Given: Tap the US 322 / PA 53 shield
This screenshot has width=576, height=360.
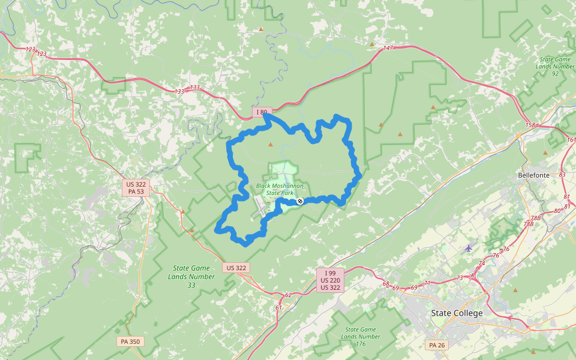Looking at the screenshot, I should (136, 188).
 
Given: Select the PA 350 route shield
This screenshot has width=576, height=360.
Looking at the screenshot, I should (130, 341).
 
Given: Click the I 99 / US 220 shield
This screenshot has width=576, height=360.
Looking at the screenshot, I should (331, 280).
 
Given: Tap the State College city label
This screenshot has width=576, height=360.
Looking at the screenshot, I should (457, 313).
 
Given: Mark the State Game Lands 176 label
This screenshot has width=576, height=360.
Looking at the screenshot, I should (361, 337).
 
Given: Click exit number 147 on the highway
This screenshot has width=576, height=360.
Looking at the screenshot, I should (388, 48).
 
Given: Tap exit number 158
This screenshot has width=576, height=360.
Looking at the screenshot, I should (530, 125).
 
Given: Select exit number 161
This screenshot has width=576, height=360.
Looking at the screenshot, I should (571, 140).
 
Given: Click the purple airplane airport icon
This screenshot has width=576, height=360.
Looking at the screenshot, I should (469, 248).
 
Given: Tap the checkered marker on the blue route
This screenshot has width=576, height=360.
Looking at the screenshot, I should (300, 202).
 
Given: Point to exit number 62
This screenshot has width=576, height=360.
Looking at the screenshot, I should (288, 295).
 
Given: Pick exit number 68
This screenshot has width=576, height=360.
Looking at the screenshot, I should (386, 284).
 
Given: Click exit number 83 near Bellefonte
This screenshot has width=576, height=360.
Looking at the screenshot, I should (562, 175).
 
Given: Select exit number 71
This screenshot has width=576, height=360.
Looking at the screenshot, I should (427, 283).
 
